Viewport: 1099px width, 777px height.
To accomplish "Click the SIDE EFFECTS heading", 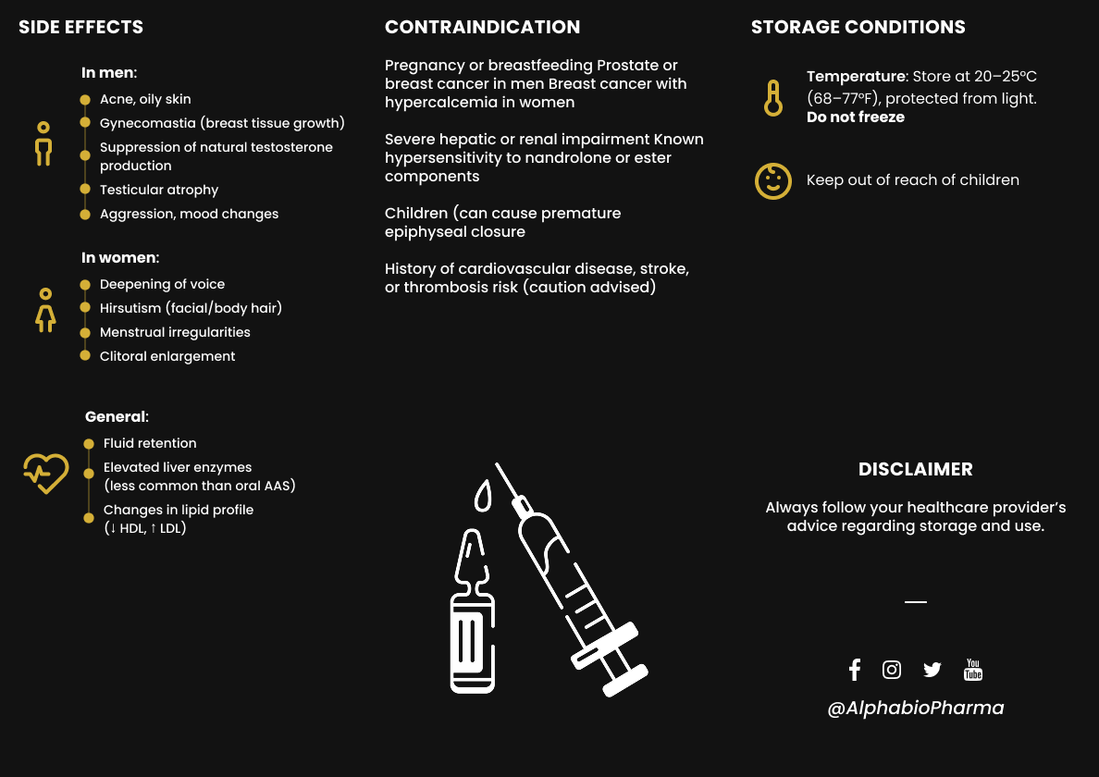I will pyautogui.click(x=81, y=27).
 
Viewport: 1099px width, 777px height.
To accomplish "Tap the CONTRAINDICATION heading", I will pyautogui.click(x=482, y=27).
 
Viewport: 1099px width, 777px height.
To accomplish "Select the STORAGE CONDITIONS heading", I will pyautogui.click(x=858, y=27).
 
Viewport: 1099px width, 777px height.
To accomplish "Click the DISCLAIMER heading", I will pyautogui.click(x=915, y=469).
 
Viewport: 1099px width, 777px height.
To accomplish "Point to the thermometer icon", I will pyautogui.click(x=773, y=97).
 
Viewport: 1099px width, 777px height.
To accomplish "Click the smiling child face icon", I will pyautogui.click(x=773, y=180).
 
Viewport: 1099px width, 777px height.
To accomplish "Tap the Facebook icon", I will pyautogui.click(x=854, y=670).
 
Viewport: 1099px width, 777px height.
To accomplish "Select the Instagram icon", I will pyautogui.click(x=892, y=670).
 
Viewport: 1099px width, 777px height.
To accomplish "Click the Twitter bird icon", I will pyautogui.click(x=932, y=670).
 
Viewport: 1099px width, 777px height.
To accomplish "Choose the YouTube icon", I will pyautogui.click(x=973, y=670).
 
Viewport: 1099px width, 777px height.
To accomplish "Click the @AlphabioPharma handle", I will pyautogui.click(x=915, y=708).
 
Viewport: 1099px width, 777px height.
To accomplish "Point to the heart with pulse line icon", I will pyautogui.click(x=45, y=473).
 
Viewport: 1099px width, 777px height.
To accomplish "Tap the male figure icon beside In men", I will pyautogui.click(x=43, y=144).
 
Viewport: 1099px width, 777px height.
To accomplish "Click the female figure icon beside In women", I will pyautogui.click(x=44, y=310).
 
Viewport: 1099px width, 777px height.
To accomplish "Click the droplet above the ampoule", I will pyautogui.click(x=482, y=496).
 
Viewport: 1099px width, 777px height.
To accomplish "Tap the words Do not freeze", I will pyautogui.click(x=855, y=117).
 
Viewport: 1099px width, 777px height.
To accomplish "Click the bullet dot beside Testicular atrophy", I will pyautogui.click(x=86, y=190).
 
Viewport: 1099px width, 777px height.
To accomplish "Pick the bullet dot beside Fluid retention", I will pyautogui.click(x=89, y=443).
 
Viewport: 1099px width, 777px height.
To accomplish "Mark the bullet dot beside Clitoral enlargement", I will pyautogui.click(x=86, y=356).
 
